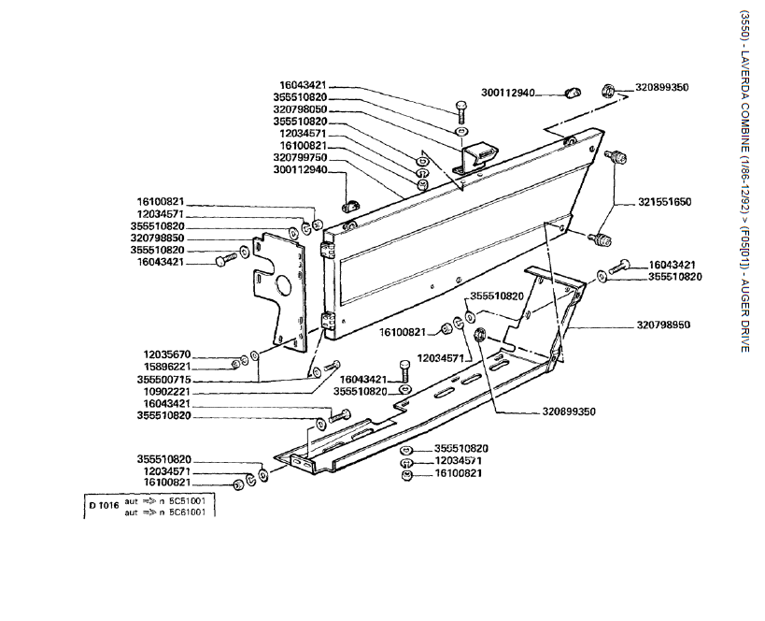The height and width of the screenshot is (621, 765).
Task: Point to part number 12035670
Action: click(x=163, y=354)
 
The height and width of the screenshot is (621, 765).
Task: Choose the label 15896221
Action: click(x=163, y=367)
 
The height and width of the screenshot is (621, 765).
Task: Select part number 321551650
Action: click(x=665, y=202)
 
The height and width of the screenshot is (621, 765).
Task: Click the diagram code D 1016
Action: click(x=103, y=506)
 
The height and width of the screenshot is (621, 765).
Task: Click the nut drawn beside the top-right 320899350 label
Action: click(x=607, y=91)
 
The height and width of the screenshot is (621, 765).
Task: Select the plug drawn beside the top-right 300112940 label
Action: click(x=574, y=92)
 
